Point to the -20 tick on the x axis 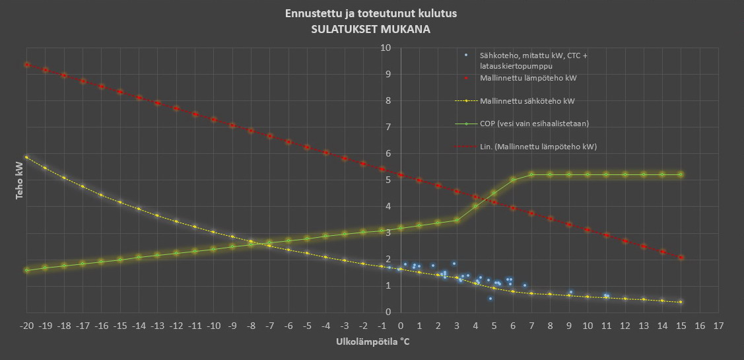click(26, 325)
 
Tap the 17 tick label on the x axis click(718, 325)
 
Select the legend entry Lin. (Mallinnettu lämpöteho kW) click(538, 146)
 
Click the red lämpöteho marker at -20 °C click(27, 65)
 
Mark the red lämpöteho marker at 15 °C click(681, 258)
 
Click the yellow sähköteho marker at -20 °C click(27, 157)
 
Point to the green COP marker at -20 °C click(27, 270)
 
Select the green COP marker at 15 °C click(681, 174)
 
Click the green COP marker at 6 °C click(512, 180)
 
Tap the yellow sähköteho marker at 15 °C click(681, 302)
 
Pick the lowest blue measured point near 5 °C click(490, 299)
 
